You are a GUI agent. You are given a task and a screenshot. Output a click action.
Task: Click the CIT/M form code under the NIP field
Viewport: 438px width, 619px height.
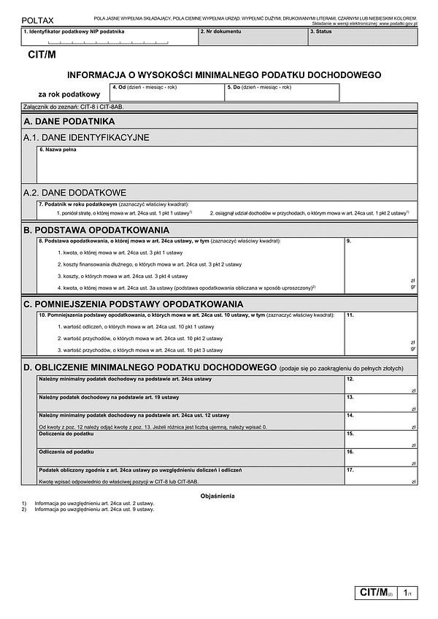(x=41, y=54)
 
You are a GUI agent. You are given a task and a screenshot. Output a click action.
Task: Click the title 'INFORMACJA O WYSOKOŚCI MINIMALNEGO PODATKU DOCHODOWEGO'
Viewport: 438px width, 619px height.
(x=224, y=74)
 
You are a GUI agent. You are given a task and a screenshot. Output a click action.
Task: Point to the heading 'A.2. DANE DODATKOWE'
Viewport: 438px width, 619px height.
(x=75, y=193)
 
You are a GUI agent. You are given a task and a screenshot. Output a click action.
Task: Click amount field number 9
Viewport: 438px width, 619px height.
(x=380, y=262)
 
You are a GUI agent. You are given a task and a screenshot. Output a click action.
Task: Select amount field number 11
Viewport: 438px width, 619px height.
(x=380, y=333)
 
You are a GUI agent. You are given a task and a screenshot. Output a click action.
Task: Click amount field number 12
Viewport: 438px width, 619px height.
(x=380, y=384)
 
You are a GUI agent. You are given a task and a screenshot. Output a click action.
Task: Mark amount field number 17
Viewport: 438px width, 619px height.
(x=380, y=475)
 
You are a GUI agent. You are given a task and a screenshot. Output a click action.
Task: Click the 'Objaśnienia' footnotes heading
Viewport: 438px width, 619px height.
(x=218, y=496)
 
